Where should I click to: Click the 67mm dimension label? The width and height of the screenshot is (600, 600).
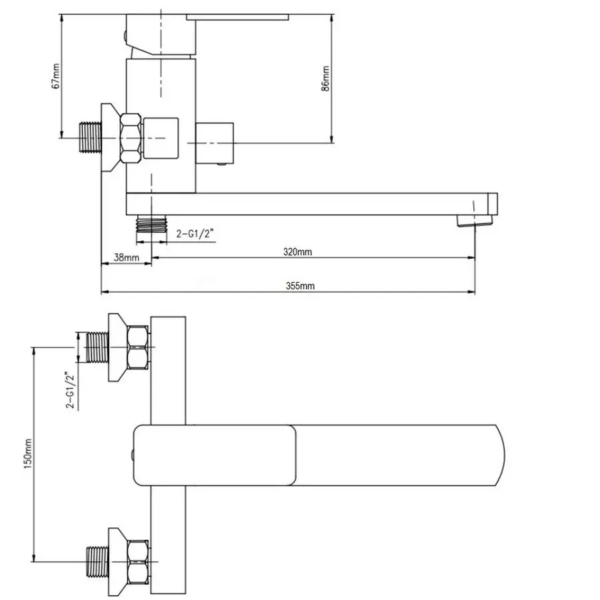tap(56, 76)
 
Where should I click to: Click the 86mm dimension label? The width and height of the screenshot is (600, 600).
tap(325, 79)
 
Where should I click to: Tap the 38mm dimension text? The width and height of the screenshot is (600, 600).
tap(126, 257)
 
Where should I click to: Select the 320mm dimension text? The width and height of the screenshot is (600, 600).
tap(297, 252)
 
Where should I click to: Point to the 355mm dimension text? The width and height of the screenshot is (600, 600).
tap(300, 286)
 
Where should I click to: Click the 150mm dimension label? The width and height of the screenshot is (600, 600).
tap(28, 454)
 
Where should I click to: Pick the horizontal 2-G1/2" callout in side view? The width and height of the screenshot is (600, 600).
tap(195, 233)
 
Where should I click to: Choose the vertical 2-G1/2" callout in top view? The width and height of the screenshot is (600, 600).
tap(71, 390)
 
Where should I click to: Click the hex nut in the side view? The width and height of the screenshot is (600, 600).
tap(131, 138)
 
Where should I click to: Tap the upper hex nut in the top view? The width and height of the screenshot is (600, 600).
tap(138, 347)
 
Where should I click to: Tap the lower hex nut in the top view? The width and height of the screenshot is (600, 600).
tap(138, 562)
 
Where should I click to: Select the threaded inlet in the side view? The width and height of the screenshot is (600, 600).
tap(90, 138)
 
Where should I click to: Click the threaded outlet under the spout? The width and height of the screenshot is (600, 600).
tap(151, 224)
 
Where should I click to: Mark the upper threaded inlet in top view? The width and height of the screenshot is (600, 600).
tap(98, 347)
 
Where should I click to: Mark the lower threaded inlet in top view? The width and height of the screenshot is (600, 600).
tap(98, 562)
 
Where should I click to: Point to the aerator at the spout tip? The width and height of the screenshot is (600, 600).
tap(475, 221)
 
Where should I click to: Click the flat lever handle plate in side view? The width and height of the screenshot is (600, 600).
tap(237, 17)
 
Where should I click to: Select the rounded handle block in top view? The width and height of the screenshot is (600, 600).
tap(215, 455)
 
